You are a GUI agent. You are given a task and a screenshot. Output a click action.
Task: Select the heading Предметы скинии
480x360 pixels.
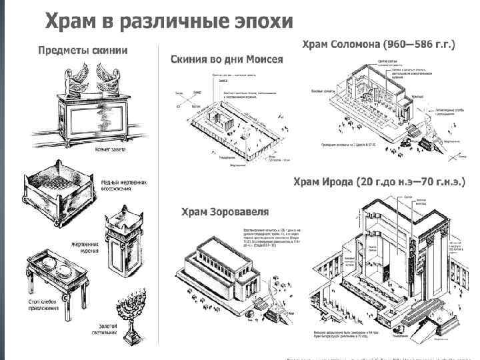click(x=83, y=50)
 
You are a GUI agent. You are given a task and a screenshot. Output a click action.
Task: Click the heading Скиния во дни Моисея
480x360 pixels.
click(x=227, y=59)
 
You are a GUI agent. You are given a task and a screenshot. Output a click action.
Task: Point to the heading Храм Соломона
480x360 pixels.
click(x=341, y=45)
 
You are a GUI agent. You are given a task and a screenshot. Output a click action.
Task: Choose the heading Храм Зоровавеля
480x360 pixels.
click(x=225, y=212)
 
